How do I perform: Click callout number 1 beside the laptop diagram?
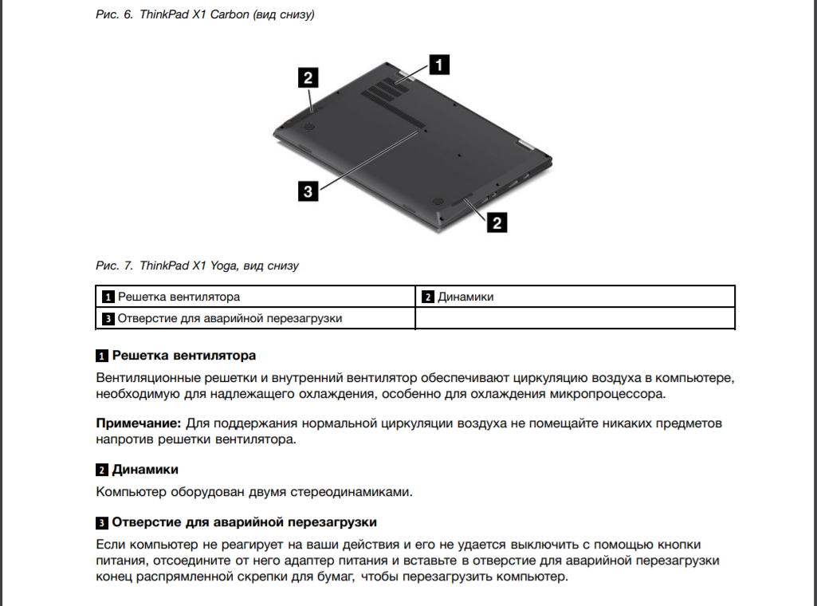(438, 64)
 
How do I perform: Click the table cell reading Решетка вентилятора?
(179, 297)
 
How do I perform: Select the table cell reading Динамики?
(465, 297)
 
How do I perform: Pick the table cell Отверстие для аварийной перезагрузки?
(230, 318)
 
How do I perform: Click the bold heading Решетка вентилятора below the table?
(184, 355)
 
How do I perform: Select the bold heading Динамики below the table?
(145, 469)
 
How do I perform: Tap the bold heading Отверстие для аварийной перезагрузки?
(245, 522)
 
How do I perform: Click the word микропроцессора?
(603, 394)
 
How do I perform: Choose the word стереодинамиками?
(352, 492)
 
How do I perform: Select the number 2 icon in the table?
(427, 298)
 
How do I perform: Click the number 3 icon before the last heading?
(102, 523)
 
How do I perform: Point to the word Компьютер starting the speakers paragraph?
(132, 492)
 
